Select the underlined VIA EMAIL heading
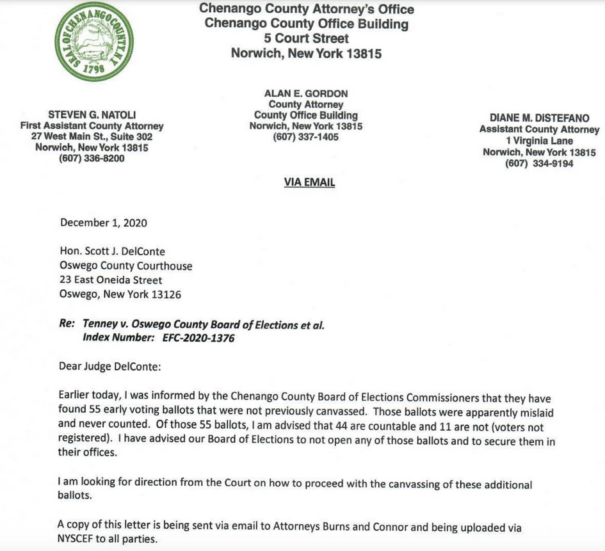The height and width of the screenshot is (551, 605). [x=309, y=182]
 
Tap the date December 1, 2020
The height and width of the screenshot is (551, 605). [x=104, y=223]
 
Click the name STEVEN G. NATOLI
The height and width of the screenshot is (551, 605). [x=92, y=115]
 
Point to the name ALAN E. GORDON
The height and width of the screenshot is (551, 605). [x=306, y=93]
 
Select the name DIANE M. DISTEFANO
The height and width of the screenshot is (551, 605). [x=540, y=118]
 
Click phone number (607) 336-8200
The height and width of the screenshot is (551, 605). [x=92, y=159]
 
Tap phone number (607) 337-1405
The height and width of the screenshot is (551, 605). [x=306, y=137]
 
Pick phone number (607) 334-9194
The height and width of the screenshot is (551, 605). [x=539, y=163]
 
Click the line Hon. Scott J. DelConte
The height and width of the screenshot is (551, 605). [x=113, y=252]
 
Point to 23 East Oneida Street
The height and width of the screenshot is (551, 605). [x=111, y=280]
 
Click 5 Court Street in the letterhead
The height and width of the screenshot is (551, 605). [x=307, y=38]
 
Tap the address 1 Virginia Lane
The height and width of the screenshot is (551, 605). [x=539, y=141]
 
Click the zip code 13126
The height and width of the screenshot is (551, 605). [x=166, y=295]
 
